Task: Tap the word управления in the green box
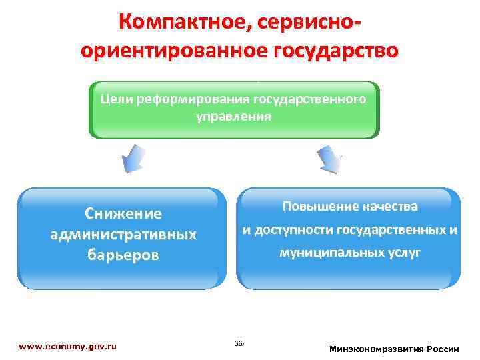[233, 116]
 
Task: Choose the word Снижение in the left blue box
[123, 214]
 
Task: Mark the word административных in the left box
[123, 235]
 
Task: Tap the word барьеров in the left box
[123, 255]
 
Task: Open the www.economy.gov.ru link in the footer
[68, 347]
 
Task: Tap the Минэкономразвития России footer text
[394, 349]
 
